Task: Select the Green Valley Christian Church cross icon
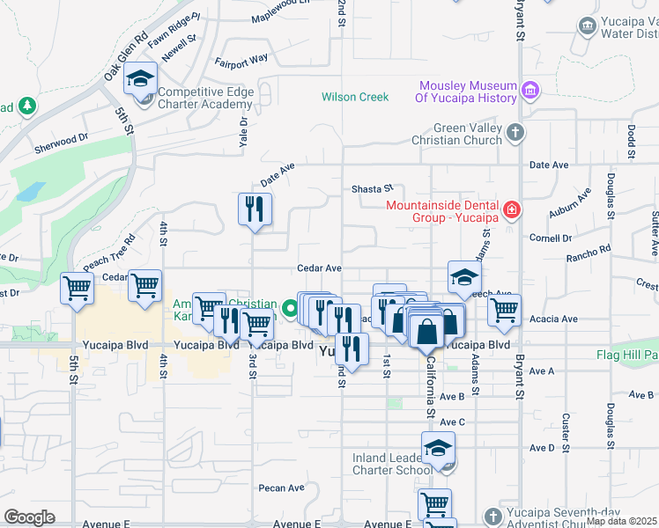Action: (x=515, y=133)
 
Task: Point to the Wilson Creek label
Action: (x=355, y=97)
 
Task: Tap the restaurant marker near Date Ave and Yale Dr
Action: (x=255, y=209)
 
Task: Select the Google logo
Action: (x=29, y=517)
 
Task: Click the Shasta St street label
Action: (x=372, y=188)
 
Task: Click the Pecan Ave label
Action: (x=281, y=488)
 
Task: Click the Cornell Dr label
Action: (x=551, y=238)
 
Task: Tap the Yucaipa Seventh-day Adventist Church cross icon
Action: (x=492, y=515)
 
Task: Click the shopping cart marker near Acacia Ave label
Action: (x=504, y=310)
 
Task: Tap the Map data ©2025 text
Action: (x=621, y=521)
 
